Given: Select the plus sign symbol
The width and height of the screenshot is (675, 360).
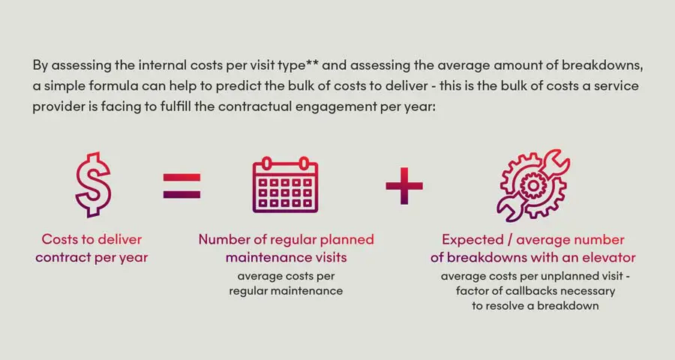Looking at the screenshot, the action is click(404, 185).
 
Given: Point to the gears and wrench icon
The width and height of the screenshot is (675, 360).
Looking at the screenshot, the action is click(533, 185).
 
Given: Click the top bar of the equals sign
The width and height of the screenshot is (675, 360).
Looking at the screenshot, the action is click(181, 177).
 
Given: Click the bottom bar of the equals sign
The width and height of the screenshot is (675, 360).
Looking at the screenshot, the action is click(181, 195).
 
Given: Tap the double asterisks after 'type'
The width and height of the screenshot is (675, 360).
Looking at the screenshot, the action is click(312, 63).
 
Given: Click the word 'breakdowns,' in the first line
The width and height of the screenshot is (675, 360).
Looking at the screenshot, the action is click(602, 65).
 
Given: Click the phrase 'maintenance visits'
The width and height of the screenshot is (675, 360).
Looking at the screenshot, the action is click(286, 257).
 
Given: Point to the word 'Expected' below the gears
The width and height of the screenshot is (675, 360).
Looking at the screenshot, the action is click(472, 240).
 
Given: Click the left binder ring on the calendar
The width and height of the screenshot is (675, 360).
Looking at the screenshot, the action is click(266, 164).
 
